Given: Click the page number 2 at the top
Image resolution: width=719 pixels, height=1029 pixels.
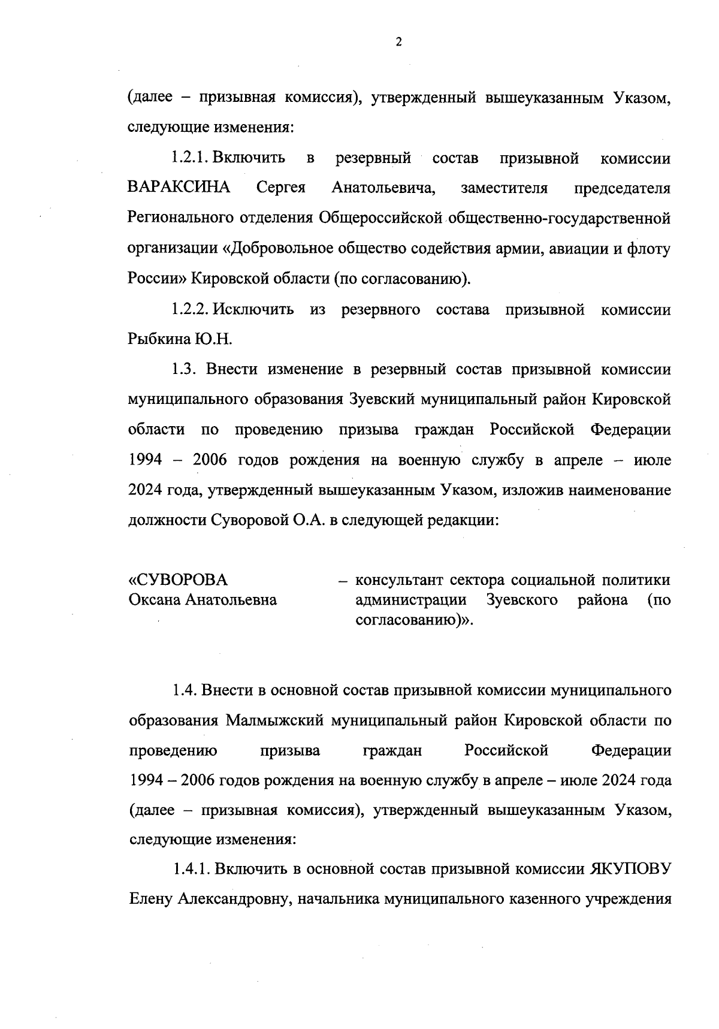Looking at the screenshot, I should [398, 42].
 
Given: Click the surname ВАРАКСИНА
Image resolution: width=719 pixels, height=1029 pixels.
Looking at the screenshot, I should [179, 188].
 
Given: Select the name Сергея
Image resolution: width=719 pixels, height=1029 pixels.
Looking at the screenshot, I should [281, 188].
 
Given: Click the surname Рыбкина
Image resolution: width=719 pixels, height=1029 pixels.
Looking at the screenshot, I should [158, 340].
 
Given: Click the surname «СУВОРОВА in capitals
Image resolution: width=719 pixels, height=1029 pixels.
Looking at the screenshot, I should [179, 580].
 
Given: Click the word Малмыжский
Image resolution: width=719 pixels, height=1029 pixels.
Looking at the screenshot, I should [276, 720].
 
